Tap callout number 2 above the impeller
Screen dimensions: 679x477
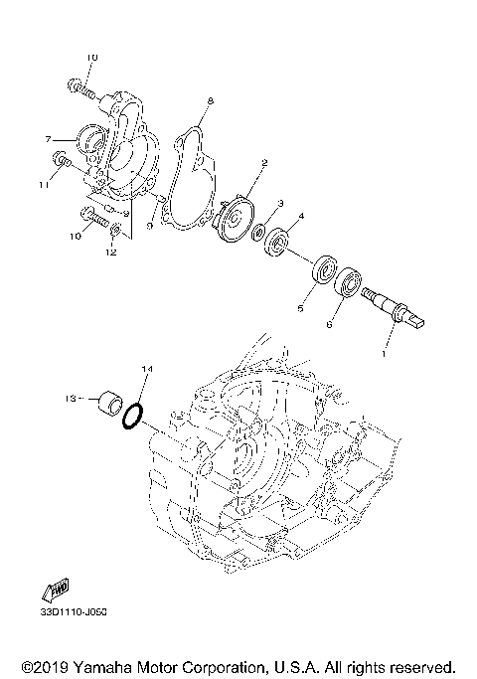(264, 162)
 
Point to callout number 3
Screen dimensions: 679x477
(281, 203)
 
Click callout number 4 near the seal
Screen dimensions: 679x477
(300, 216)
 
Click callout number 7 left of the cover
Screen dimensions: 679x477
(47, 139)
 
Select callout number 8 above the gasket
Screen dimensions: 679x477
(211, 100)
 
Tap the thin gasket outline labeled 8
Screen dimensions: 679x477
(185, 179)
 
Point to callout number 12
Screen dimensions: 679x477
(111, 253)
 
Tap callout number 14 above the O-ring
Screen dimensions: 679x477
(146, 370)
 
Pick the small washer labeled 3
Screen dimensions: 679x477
(256, 234)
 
